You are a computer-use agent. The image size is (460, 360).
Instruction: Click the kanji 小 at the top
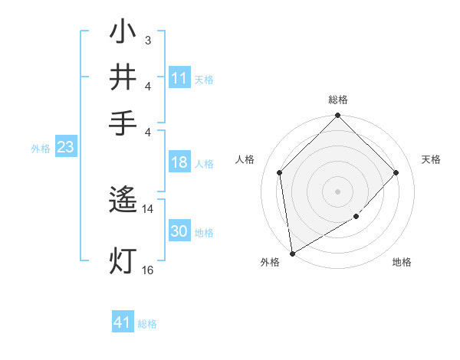point(123,33)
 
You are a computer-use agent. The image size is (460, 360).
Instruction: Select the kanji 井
point(123,77)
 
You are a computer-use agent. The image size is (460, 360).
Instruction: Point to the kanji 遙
point(123,200)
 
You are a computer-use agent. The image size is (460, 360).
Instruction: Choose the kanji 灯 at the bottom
point(123,260)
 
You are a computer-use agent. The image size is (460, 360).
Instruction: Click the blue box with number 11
point(179,78)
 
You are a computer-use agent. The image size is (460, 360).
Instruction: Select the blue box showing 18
point(179,162)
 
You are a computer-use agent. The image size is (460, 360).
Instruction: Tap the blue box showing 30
point(179,231)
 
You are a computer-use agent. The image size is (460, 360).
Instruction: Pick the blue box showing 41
point(123,322)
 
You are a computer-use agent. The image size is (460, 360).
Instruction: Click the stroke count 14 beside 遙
point(148,208)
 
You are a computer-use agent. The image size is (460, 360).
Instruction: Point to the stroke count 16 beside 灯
point(148,270)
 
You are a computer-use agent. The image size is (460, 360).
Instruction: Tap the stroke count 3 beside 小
point(148,40)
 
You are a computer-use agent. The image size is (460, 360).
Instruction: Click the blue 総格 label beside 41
point(147,324)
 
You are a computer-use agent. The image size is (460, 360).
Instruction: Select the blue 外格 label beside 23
point(41,149)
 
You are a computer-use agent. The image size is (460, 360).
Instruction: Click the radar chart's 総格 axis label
point(338,100)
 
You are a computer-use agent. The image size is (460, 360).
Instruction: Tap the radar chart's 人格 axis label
point(245,159)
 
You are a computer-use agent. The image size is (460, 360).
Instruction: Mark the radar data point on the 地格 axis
point(356,217)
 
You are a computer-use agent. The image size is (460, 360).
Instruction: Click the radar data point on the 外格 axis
point(292,253)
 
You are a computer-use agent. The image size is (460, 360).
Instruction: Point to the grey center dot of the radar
point(338,191)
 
